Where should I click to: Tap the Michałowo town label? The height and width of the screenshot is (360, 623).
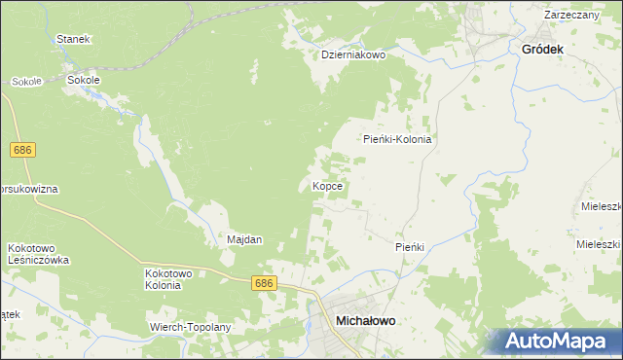(370, 319)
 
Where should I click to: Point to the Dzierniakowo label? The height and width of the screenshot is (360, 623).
(354, 55)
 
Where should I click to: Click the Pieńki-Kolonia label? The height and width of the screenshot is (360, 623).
(397, 139)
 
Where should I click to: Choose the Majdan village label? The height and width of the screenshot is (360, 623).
(244, 239)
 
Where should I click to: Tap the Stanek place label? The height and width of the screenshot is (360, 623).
(73, 39)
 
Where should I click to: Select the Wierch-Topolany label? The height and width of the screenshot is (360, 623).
(190, 327)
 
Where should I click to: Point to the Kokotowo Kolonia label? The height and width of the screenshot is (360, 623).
(163, 279)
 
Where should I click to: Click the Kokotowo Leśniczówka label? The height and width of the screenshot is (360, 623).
(38, 254)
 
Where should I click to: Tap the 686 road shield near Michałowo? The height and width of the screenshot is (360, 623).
(264, 283)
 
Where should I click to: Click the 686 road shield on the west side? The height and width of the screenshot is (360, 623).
(23, 150)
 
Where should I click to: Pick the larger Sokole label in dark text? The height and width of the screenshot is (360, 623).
(84, 81)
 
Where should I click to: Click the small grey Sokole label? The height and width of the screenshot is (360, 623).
(26, 82)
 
